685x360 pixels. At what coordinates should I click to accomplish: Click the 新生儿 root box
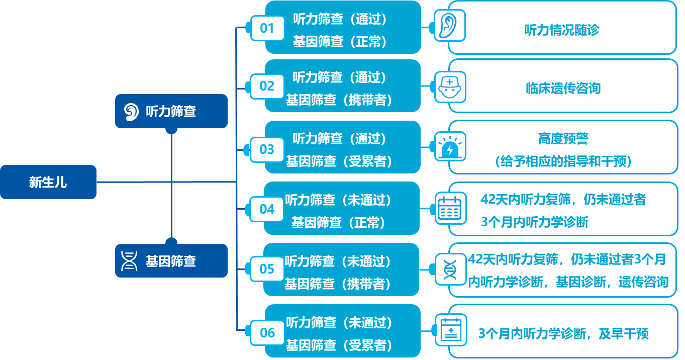(x=48, y=182)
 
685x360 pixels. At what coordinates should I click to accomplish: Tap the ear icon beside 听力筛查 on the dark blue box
(x=131, y=112)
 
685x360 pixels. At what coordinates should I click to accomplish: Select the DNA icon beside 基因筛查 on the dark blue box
(x=130, y=261)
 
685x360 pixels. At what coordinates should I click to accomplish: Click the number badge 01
(x=267, y=28)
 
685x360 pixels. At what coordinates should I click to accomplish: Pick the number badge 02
(x=267, y=86)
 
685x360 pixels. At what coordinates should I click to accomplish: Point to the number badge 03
(x=267, y=149)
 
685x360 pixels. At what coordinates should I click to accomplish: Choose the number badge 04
(x=267, y=209)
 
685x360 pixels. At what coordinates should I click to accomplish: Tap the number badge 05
(x=267, y=269)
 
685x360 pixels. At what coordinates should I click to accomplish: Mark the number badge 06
(x=267, y=332)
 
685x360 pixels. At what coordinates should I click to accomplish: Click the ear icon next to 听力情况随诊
(x=450, y=26)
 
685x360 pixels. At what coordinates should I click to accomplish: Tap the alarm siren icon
(x=450, y=147)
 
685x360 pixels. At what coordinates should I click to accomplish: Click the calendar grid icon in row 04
(x=450, y=208)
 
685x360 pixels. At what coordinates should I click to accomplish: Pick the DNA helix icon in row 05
(x=450, y=269)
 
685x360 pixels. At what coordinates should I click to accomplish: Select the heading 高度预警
(x=563, y=139)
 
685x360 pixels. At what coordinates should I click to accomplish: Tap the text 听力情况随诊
(x=562, y=30)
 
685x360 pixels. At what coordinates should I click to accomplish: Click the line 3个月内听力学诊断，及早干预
(x=563, y=334)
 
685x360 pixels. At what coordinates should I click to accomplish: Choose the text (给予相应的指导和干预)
(x=563, y=162)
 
